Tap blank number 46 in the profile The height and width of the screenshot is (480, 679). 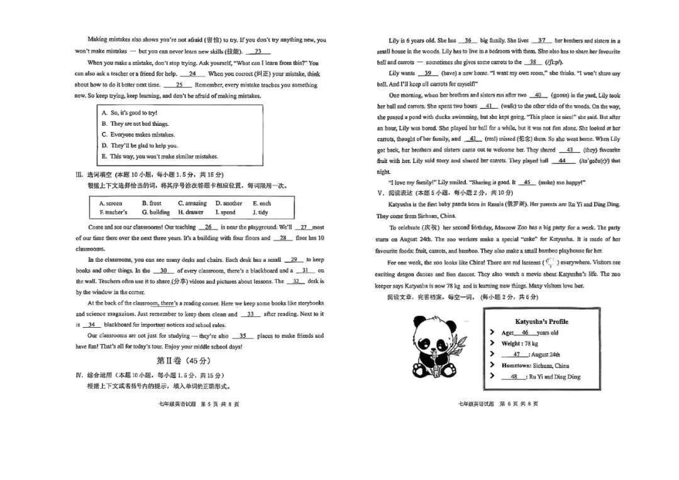(x=525, y=333)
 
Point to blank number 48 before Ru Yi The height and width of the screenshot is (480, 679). (x=514, y=377)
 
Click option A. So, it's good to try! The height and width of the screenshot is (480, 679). (x=130, y=113)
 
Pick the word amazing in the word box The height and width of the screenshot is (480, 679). (x=192, y=203)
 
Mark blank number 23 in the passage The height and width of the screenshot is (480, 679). (x=258, y=52)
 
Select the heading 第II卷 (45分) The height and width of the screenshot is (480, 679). (x=183, y=361)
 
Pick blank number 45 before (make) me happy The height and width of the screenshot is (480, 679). (x=527, y=182)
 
